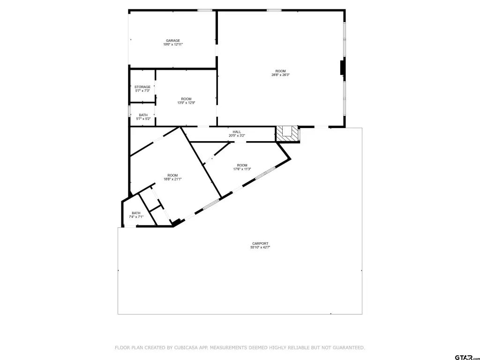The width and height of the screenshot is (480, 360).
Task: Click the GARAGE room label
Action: pyautogui.click(x=173, y=41)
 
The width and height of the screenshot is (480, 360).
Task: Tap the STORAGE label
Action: pyautogui.click(x=142, y=87)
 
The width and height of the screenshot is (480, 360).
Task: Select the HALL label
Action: pyautogui.click(x=237, y=132)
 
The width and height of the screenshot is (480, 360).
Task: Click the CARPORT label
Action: pyautogui.click(x=260, y=244)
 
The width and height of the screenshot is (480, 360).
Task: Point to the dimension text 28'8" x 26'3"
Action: pyautogui.click(x=280, y=75)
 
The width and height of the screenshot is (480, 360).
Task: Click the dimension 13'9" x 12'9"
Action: pyautogui.click(x=186, y=103)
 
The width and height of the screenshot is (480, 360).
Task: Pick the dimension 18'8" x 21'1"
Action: pyautogui.click(x=172, y=179)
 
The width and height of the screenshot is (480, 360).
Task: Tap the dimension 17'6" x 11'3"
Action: pyautogui.click(x=242, y=169)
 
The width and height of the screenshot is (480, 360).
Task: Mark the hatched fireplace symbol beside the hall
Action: pyautogui.click(x=287, y=134)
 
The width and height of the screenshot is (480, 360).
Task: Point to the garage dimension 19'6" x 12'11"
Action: pyautogui.click(x=173, y=45)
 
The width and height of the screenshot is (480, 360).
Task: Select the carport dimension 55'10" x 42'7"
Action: pyautogui.click(x=260, y=247)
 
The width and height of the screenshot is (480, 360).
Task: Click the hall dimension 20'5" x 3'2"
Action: pyautogui.click(x=237, y=135)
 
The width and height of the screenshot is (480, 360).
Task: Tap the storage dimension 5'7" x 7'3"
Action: pyautogui.click(x=142, y=90)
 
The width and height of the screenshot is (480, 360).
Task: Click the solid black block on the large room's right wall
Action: pyautogui.click(x=343, y=67)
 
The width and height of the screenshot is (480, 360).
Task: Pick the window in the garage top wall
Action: pyautogui.click(x=205, y=10)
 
